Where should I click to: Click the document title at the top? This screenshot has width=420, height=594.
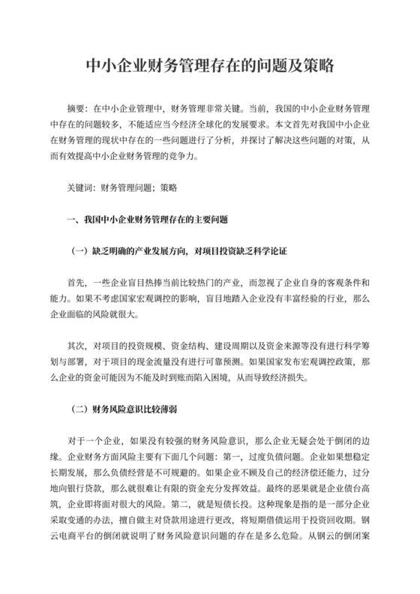[210, 66]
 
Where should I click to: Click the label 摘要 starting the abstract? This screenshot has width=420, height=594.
[76, 108]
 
